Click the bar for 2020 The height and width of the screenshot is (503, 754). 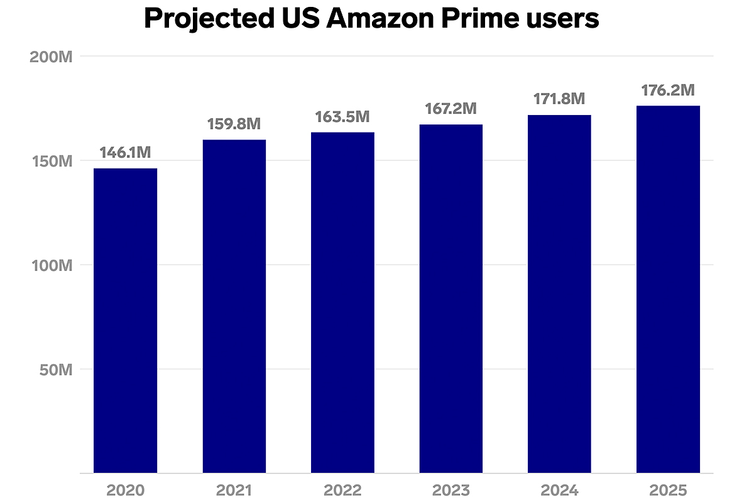(125, 321)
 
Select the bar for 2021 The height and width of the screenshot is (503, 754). (234, 306)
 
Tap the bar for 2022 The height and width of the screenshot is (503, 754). (342, 302)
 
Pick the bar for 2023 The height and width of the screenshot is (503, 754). (451, 299)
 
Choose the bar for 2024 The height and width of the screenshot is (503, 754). (559, 294)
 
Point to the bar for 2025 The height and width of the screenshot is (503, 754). (668, 289)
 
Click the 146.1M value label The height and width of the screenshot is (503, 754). (125, 153)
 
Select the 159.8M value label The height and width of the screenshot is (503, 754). (234, 124)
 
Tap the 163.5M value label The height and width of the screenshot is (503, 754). (342, 117)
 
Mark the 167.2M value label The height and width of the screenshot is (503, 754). (451, 109)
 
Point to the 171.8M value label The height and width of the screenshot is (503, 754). (559, 99)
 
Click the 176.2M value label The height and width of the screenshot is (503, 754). (668, 91)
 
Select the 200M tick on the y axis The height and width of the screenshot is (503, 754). (52, 57)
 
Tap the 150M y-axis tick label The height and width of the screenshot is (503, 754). (52, 161)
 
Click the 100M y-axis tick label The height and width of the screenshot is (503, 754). (52, 265)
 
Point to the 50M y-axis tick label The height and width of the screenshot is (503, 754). (55, 369)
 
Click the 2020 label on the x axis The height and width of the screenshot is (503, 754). (125, 490)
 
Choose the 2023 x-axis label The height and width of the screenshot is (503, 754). (451, 490)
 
